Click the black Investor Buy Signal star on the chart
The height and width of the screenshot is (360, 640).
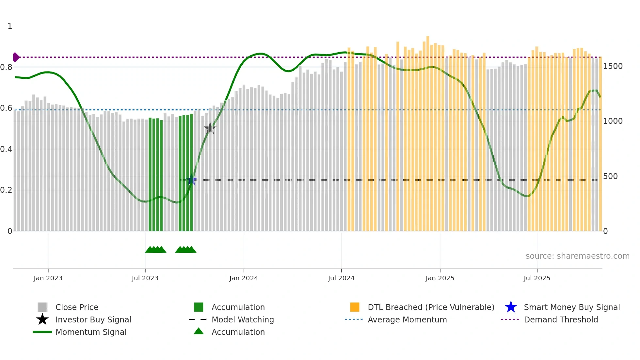[210, 128]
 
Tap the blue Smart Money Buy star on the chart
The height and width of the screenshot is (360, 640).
[192, 180]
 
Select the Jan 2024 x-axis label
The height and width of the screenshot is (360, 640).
[244, 278]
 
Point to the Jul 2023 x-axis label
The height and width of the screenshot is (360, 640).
[145, 278]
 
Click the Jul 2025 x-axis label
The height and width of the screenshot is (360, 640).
[537, 278]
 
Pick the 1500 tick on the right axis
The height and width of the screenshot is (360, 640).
[613, 66]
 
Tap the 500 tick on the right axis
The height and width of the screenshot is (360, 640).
[610, 176]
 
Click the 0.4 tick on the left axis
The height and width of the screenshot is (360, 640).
[6, 149]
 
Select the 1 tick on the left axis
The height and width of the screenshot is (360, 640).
[10, 26]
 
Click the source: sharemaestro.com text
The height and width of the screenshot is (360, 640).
[577, 256]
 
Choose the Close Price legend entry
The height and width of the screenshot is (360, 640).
[77, 307]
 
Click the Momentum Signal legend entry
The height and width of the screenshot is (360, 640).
[91, 332]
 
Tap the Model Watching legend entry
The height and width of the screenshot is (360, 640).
[243, 319]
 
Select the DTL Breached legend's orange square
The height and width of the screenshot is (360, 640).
[355, 307]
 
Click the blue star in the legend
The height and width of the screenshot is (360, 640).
[511, 307]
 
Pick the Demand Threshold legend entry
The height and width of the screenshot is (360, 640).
[561, 319]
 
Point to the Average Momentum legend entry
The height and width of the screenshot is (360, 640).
[407, 319]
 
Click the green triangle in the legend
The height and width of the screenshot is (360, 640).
[199, 331]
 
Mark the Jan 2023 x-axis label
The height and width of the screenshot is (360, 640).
[48, 278]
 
